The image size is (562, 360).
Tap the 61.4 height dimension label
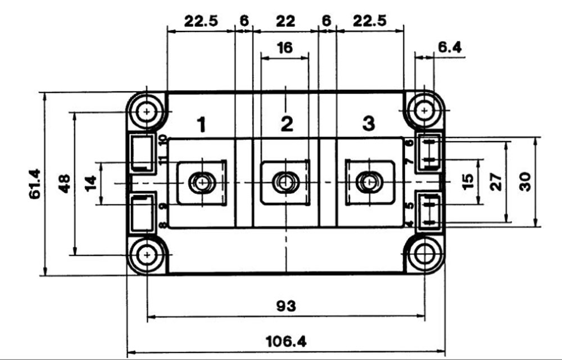coord(34,184)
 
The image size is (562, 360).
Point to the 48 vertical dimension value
coord(65,184)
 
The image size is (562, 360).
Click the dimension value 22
coord(285,21)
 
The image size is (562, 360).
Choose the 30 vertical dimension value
coord(525,181)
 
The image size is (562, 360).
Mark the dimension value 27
coord(496,182)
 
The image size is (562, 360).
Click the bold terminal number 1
coord(201,125)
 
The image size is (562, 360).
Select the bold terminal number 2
coord(287,124)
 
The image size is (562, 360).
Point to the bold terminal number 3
coord(368,124)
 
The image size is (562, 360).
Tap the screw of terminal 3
coord(368,182)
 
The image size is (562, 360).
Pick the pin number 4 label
coord(409,225)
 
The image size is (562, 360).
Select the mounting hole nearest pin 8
coord(147,255)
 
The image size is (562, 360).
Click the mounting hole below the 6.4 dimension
coord(424,111)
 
